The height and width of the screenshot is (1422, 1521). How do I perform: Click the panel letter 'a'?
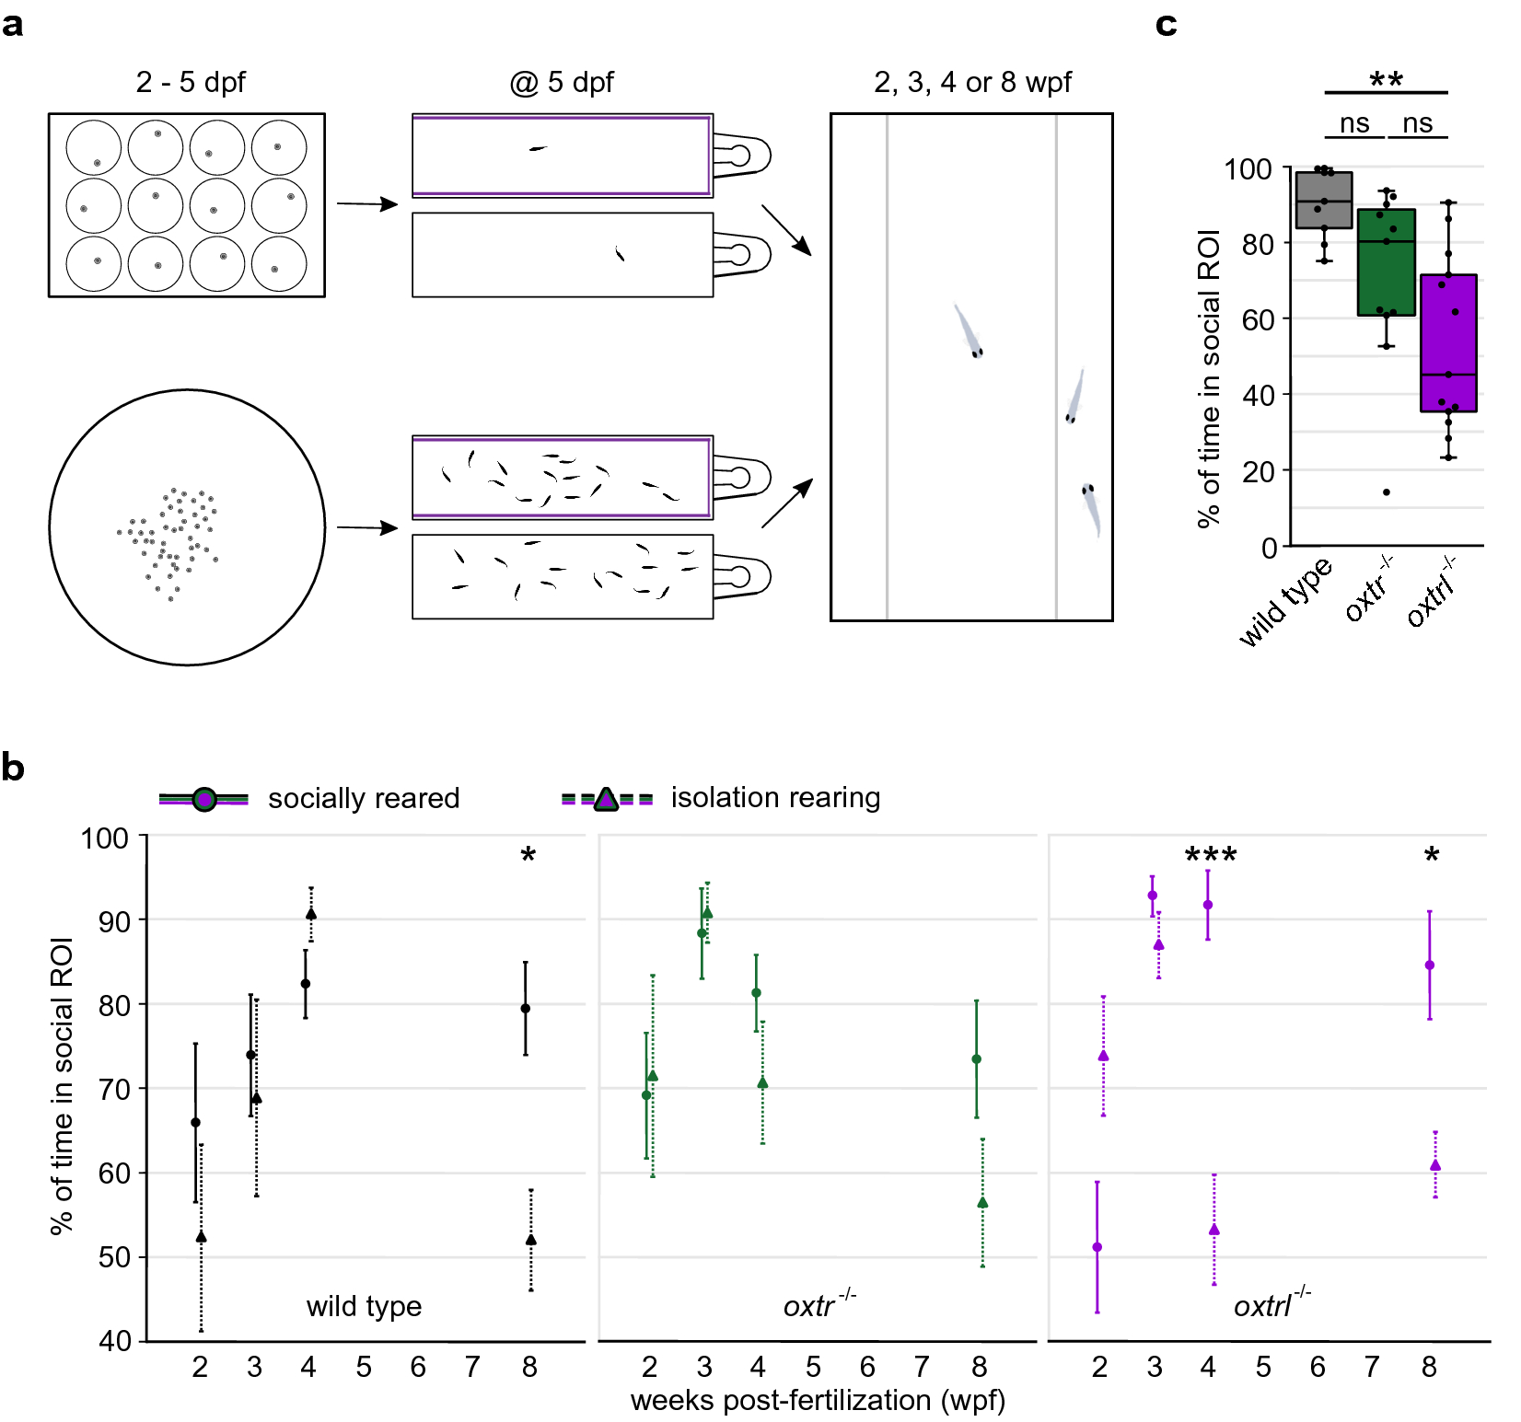tap(13, 25)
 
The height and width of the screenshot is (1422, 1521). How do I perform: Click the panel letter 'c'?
tap(1166, 25)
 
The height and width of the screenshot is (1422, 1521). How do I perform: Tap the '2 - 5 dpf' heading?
tap(191, 82)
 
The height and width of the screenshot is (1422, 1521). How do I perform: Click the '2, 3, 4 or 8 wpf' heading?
tap(972, 82)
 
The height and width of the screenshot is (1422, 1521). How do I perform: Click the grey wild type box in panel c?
tap(1324, 201)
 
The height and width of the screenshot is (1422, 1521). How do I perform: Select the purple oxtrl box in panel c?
tap(1448, 342)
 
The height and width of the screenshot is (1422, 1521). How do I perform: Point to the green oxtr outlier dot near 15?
tap(1387, 492)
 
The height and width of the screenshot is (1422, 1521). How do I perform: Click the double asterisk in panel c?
tap(1386, 80)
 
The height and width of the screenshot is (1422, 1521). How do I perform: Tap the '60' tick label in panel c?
tap(1258, 320)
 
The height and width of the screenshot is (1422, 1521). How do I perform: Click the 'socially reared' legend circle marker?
tap(204, 799)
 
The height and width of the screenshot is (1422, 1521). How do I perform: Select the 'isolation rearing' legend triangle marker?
tap(605, 799)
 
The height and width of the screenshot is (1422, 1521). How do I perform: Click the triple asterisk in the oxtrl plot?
tap(1211, 856)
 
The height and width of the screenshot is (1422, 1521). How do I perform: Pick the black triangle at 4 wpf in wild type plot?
tap(311, 914)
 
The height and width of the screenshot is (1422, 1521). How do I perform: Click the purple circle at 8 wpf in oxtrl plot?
tap(1430, 965)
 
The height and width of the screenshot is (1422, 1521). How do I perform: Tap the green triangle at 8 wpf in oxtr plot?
tap(982, 1202)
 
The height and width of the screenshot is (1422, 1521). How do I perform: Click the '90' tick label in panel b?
tap(114, 921)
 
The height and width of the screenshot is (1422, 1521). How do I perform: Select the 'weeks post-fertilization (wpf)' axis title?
tap(818, 1401)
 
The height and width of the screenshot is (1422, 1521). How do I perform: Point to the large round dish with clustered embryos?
tap(187, 527)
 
